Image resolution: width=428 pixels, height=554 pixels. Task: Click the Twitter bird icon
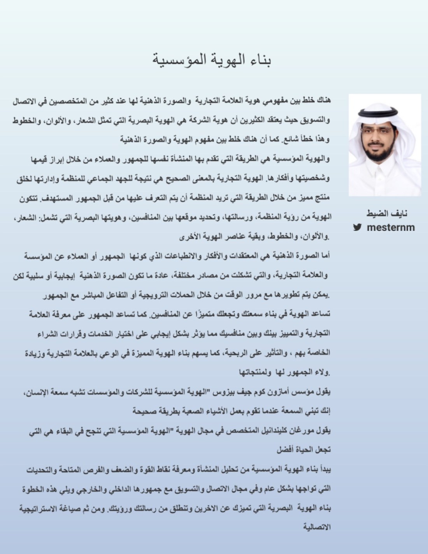pos(357,227)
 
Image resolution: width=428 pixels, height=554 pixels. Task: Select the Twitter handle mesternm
pos(391,227)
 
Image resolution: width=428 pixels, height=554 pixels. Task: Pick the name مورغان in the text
pos(302,431)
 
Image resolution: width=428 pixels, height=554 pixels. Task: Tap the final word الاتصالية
pos(317,528)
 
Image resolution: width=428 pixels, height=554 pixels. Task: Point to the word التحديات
pos(41,470)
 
